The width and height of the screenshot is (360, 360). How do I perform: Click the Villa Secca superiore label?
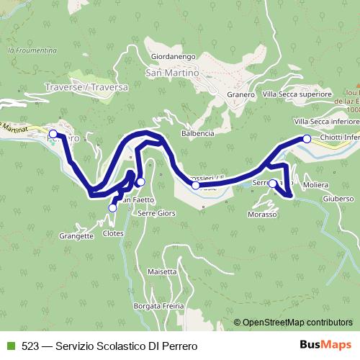point(297,94)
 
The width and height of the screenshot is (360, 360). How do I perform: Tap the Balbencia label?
point(197,134)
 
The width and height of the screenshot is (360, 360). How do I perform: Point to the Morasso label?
point(263,215)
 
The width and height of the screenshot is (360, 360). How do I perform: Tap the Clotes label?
point(114,234)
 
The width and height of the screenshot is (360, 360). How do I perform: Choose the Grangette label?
point(78,235)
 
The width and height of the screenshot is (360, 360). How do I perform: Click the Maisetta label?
point(161,271)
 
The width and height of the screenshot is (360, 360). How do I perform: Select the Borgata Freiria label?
point(160,306)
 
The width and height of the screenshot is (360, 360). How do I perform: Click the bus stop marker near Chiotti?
point(306,138)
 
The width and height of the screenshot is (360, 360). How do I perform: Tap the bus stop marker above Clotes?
point(112,208)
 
